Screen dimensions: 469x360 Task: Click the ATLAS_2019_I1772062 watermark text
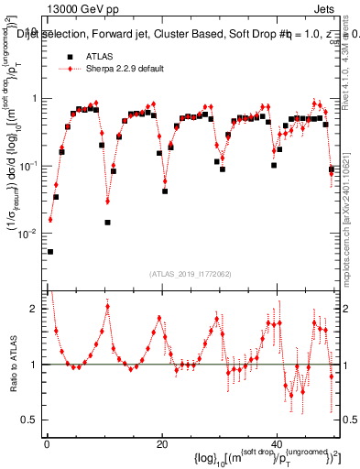point(190,273)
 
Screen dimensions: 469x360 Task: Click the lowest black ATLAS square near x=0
point(50,251)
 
